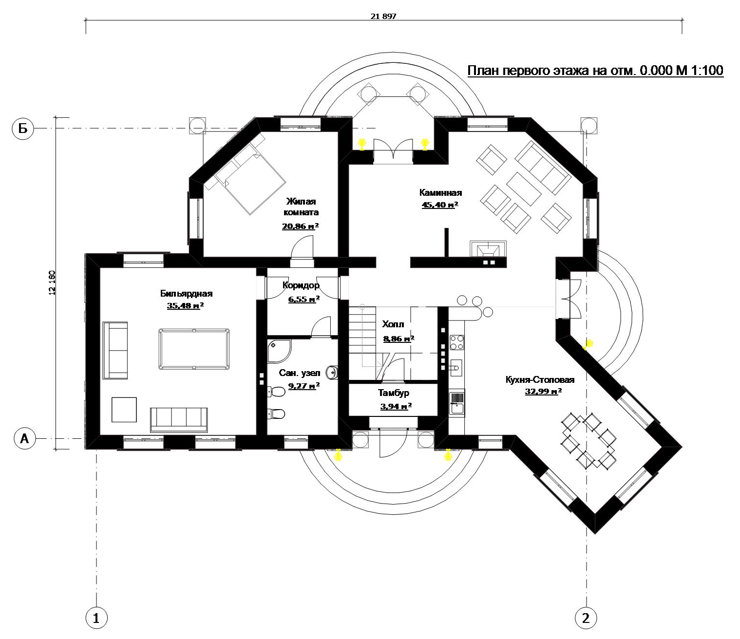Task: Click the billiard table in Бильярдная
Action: tap(194, 349)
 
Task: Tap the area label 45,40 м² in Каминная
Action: tap(440, 205)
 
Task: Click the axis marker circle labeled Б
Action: tap(23, 129)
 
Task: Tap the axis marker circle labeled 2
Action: tap(586, 618)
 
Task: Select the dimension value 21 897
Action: tap(383, 16)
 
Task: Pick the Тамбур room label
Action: tap(394, 393)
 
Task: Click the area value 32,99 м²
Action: tap(543, 391)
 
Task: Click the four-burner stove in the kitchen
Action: tap(457, 342)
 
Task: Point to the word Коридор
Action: tap(301, 285)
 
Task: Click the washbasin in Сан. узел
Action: tap(332, 372)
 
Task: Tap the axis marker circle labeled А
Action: tap(24, 438)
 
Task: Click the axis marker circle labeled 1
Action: tap(96, 618)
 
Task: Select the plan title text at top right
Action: tap(595, 71)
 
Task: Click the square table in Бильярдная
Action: tap(124, 410)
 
